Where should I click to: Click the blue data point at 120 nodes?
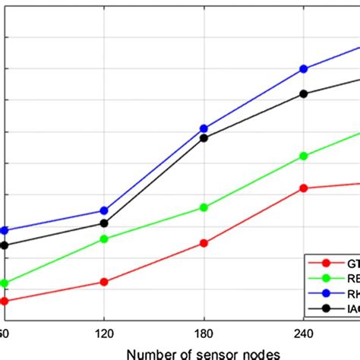coord(104,210)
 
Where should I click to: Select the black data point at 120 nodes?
coord(104,223)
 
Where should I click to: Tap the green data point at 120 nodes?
coord(104,239)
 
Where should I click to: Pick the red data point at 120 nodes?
coord(104,282)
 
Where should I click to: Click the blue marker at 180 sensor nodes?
coord(204,129)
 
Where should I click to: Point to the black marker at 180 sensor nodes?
coord(204,137)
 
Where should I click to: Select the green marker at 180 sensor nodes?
coord(204,207)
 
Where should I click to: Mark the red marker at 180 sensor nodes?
coord(204,243)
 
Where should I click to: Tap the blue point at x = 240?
coord(304,68)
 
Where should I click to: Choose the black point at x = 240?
coord(304,93)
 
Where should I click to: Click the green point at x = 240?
coord(304,156)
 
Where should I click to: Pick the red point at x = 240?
coord(304,188)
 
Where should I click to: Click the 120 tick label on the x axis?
coord(104,333)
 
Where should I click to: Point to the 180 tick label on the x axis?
coord(204,333)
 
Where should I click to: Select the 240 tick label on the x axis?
coord(304,333)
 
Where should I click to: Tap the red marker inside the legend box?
coord(327,264)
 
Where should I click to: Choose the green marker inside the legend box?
coord(327,278)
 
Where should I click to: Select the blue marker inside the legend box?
coord(327,293)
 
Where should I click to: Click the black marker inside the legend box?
coord(327,308)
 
